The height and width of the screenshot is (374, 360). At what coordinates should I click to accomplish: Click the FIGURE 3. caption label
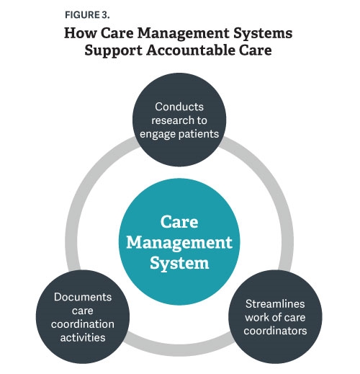(x=87, y=15)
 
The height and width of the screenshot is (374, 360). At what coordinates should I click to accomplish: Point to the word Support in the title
(x=113, y=51)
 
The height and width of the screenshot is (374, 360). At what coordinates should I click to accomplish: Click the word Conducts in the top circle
(x=179, y=107)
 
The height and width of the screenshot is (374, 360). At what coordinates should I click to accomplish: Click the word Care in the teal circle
(x=179, y=222)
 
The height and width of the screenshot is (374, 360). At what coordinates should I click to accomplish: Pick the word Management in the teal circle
(x=179, y=243)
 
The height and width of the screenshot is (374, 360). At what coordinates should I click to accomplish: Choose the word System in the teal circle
(x=179, y=263)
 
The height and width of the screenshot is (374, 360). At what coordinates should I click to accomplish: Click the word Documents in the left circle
(x=83, y=297)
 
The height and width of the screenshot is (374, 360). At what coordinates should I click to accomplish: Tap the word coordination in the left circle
(x=83, y=324)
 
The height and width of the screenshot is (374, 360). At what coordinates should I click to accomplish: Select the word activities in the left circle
(x=83, y=337)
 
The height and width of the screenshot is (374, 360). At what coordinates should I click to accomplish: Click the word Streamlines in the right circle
(x=275, y=304)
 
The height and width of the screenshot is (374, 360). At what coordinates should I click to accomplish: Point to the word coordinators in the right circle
(x=275, y=331)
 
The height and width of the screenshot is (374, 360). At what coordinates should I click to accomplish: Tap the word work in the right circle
(x=257, y=317)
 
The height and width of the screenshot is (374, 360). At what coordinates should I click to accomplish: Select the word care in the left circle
(x=83, y=311)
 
